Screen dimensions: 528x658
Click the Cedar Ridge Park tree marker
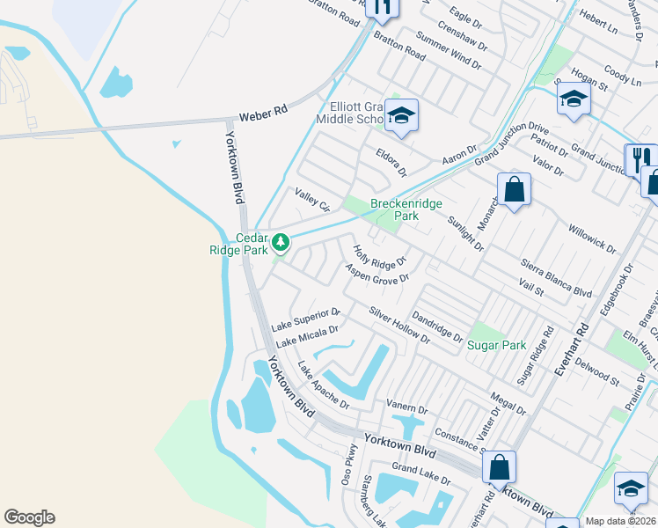pos(281,241)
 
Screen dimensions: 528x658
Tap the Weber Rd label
pos(263,114)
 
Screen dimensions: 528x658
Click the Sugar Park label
pos(496,345)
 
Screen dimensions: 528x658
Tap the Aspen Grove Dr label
pos(377,273)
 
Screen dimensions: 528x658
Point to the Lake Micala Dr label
pos(306,335)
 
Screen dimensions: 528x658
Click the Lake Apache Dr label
pos(323,386)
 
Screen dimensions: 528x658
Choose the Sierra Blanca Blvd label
pos(557,281)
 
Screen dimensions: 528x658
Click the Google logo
pos(29,517)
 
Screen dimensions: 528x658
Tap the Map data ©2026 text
pos(620,521)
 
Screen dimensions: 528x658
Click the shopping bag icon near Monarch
pos(514,189)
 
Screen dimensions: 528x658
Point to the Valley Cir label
pos(311,200)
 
